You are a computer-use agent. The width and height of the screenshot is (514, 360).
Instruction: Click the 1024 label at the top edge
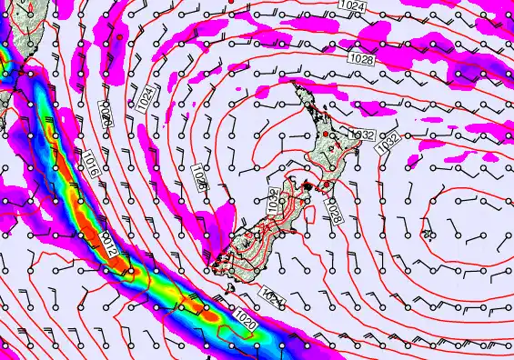pyautogui.click(x=357, y=6)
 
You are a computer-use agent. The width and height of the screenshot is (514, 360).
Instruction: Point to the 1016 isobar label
pyautogui.click(x=88, y=165)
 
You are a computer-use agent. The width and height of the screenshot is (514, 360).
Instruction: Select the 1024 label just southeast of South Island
pyautogui.click(x=271, y=296)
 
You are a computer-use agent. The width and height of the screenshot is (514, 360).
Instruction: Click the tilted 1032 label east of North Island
pyautogui.click(x=388, y=143)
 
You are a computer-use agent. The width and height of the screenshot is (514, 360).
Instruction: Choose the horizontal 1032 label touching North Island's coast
pyautogui.click(x=362, y=135)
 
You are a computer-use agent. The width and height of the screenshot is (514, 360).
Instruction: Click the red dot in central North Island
pyautogui.click(x=325, y=134)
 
